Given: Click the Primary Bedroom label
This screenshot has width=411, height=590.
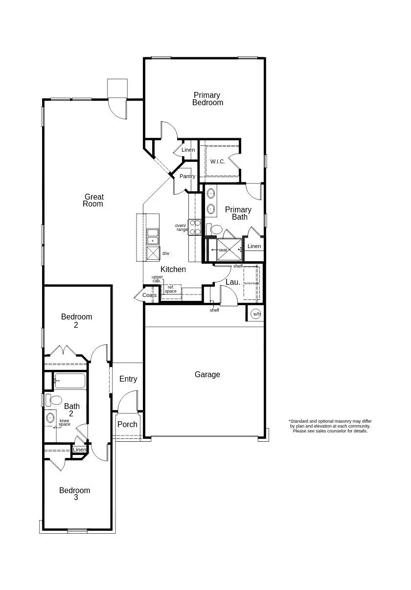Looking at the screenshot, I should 207,99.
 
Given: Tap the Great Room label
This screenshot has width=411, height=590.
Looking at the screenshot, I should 93,201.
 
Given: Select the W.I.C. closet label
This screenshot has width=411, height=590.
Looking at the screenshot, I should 218,161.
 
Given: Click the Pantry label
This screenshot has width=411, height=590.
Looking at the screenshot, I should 187,176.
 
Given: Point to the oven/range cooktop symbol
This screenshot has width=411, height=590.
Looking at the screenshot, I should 195,227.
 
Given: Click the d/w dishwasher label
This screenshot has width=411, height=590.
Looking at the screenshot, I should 165,253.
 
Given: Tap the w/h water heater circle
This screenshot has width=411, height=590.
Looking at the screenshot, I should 256,314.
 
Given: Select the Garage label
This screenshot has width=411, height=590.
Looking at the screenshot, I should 207,374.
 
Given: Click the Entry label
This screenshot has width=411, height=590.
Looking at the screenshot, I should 128,379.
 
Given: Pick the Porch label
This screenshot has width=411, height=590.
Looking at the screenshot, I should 127,424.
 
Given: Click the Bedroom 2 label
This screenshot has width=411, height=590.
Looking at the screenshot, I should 76,320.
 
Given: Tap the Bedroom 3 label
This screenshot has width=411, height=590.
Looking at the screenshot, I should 75,494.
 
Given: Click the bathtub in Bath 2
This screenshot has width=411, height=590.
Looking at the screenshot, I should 69,381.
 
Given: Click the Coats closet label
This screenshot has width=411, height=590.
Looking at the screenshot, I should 149,295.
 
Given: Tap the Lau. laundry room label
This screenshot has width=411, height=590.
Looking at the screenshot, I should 233,282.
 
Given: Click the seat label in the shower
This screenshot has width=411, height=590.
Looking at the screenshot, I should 223,250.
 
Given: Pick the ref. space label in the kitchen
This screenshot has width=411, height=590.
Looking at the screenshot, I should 171,289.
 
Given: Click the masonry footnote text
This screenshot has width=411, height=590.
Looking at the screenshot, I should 330,426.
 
